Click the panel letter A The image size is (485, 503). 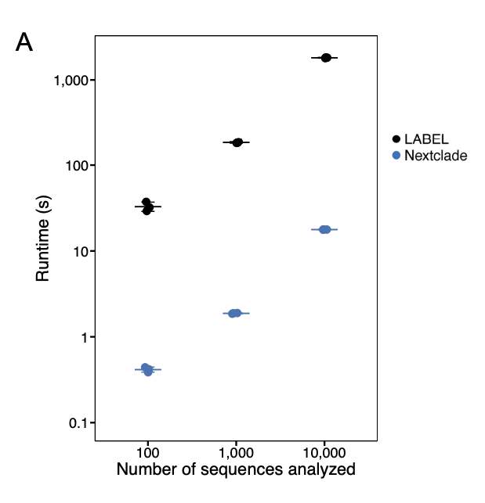click(24, 43)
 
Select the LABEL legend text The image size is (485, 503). click(427, 139)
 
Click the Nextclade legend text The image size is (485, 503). click(436, 156)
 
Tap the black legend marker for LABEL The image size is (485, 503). click(396, 139)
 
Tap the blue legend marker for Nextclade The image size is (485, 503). click(396, 156)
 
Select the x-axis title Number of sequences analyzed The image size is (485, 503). click(236, 470)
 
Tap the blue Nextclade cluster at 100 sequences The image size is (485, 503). click(147, 369)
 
